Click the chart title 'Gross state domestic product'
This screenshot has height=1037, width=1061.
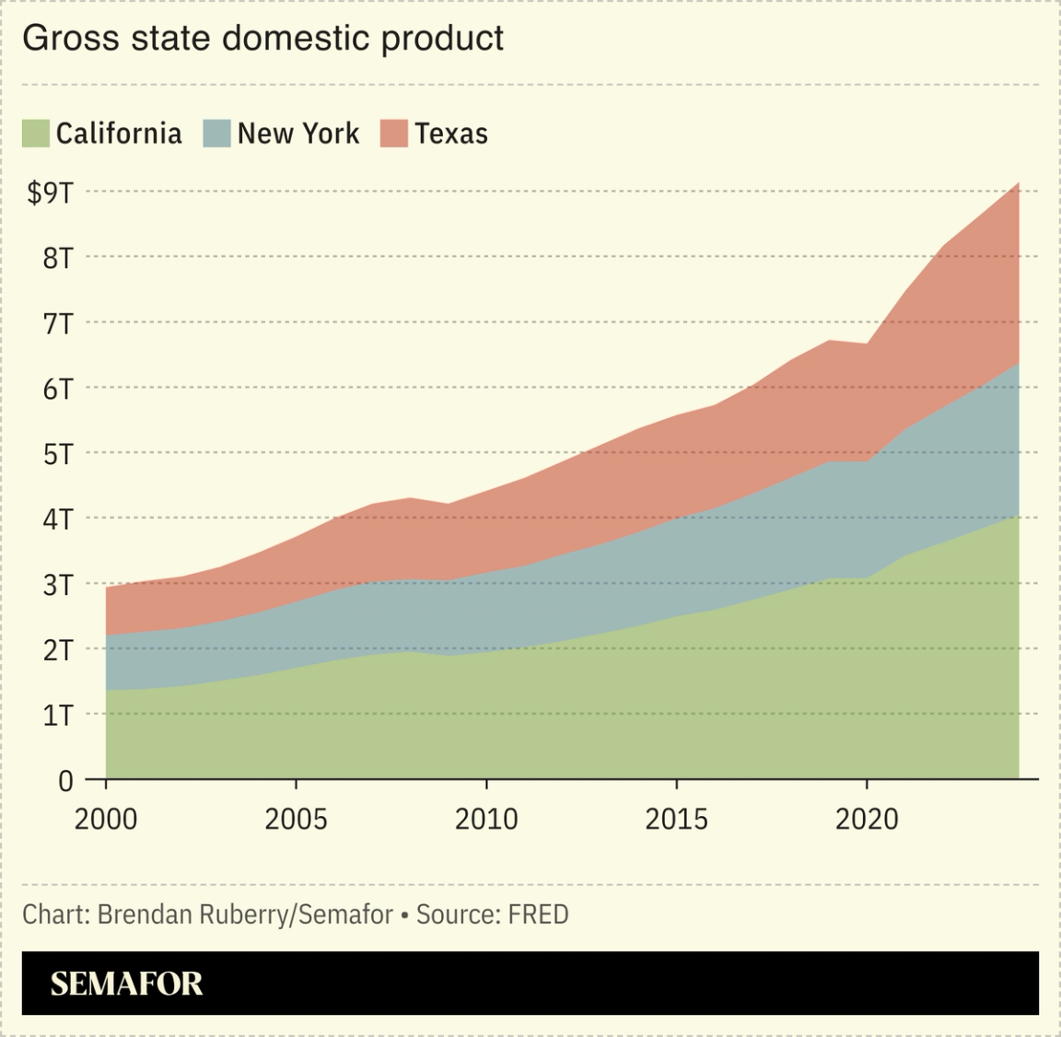(x=262, y=39)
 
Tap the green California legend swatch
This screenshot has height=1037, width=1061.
(x=35, y=134)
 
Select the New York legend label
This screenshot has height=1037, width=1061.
(x=297, y=134)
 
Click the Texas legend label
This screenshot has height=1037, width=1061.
(x=450, y=134)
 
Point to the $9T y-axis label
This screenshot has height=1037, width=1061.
(x=50, y=192)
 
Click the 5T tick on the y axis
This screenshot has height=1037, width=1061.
(x=57, y=454)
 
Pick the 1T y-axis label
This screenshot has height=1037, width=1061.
(x=57, y=715)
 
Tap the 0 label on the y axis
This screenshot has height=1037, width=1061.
(x=64, y=781)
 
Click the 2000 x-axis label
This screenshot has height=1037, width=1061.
(x=106, y=819)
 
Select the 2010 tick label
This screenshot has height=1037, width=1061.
(x=486, y=819)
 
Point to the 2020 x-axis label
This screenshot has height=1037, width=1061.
(x=867, y=819)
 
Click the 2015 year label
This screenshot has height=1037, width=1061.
(x=676, y=819)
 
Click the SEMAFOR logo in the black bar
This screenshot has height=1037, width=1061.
(x=126, y=984)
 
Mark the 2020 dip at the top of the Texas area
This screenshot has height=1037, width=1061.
(x=867, y=344)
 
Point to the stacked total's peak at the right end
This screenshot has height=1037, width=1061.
(x=1018, y=183)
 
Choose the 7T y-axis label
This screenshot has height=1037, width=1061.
(x=57, y=323)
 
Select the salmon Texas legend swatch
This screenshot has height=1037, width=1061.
(x=394, y=134)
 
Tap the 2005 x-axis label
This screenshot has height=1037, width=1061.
(x=296, y=819)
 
